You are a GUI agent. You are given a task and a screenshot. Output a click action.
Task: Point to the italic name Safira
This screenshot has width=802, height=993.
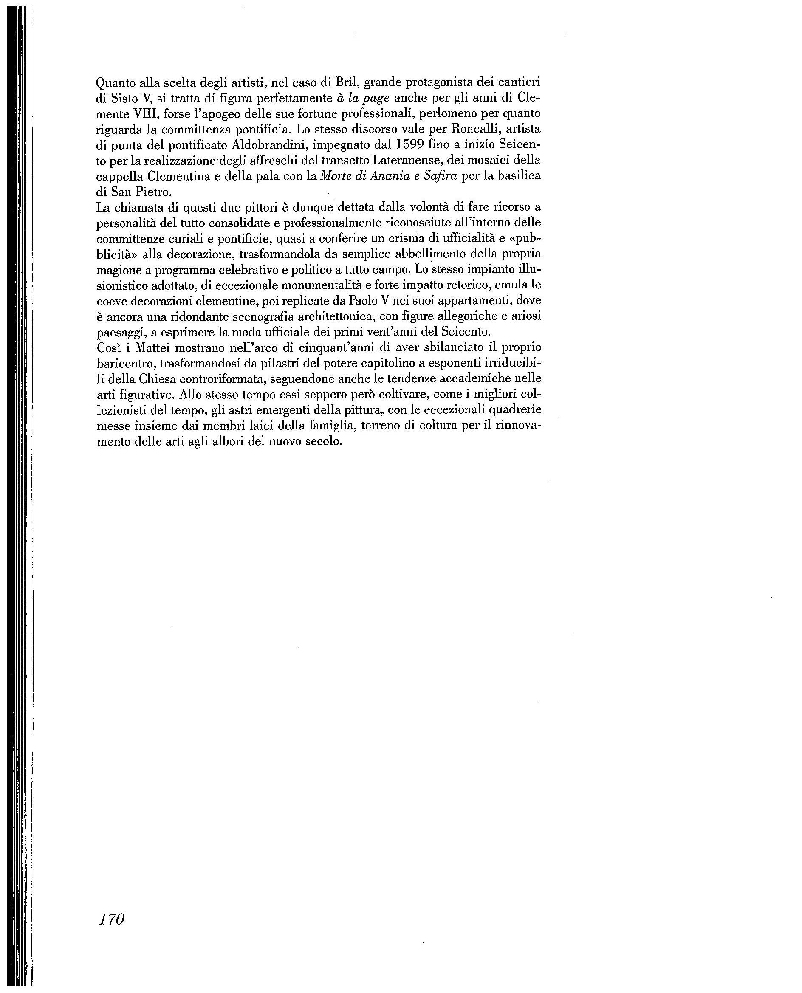coord(440,176)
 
